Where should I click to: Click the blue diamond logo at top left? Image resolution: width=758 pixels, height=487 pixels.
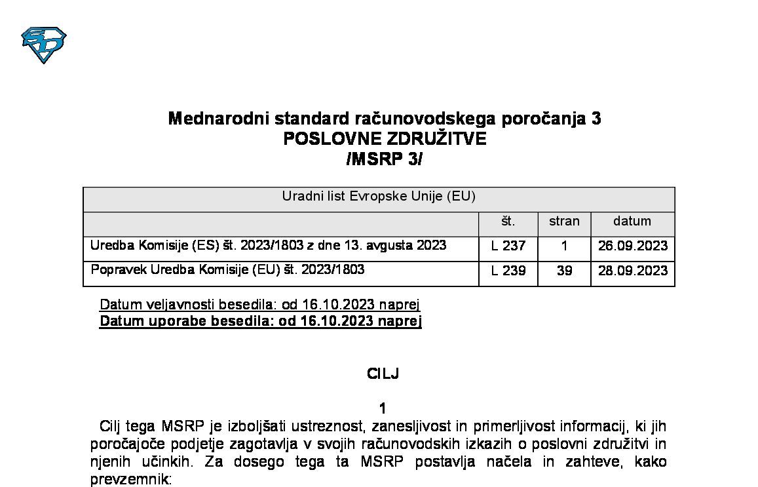point(44,44)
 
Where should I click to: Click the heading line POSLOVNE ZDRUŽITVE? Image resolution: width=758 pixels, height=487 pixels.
point(385,139)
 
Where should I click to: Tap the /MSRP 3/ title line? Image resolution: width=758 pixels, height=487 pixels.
point(384,159)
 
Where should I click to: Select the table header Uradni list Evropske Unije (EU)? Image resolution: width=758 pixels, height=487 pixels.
point(378,197)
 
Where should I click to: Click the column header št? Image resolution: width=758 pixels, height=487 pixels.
point(508,222)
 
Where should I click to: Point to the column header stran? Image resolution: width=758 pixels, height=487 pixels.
point(564,222)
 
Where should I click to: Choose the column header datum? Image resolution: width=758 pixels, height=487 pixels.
point(632,222)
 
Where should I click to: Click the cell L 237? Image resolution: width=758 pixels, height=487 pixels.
point(508,246)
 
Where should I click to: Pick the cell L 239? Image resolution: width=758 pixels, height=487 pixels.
point(508,271)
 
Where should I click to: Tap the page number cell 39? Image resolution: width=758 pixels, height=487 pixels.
point(564,271)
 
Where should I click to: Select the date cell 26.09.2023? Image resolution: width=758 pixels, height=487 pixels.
point(633,246)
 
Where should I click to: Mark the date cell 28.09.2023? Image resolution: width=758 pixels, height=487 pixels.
point(633,271)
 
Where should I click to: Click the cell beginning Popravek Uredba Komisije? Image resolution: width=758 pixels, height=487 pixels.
point(227,269)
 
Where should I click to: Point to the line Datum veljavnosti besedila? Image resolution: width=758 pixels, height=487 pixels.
point(259,305)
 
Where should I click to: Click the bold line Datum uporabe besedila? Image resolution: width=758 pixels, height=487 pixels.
point(260,321)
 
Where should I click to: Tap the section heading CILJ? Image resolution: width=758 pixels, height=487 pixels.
point(383,374)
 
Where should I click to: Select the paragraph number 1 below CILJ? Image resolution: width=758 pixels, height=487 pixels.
point(383,408)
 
